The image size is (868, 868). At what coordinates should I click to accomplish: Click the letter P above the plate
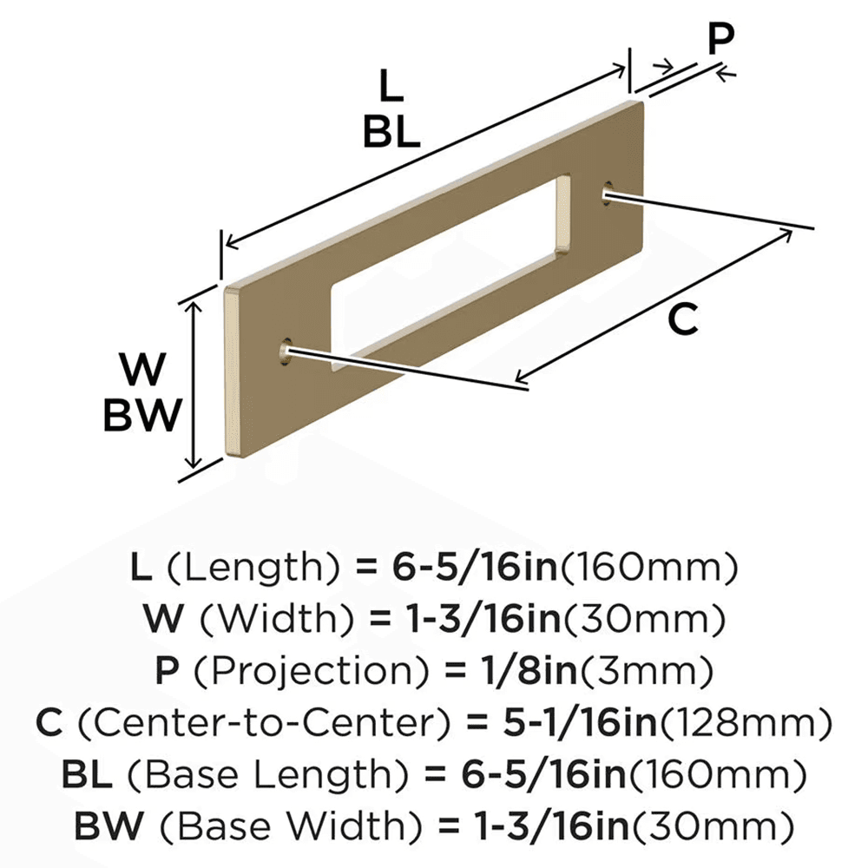tap(720, 38)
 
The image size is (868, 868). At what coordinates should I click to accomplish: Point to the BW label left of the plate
tap(143, 415)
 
